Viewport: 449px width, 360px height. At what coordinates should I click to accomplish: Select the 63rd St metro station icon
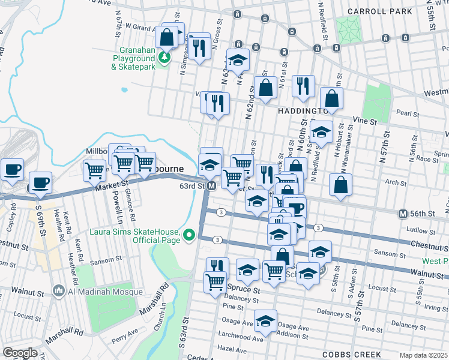click(211, 186)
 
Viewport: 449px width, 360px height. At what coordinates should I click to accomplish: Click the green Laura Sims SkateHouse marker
click(190, 235)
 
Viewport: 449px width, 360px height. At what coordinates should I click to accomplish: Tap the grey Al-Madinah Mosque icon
click(59, 292)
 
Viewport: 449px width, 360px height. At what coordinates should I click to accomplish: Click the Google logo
click(20, 352)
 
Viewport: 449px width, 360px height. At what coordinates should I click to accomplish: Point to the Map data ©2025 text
click(423, 355)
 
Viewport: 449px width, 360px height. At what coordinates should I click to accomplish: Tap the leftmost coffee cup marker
click(12, 169)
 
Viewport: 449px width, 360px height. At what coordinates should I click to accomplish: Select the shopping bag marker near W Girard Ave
click(169, 36)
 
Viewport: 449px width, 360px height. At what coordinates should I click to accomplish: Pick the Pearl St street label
click(407, 112)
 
